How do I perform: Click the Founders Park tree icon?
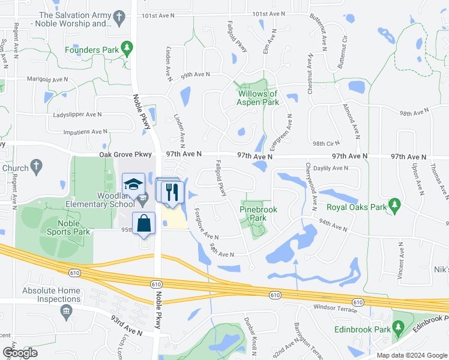[x=127, y=47]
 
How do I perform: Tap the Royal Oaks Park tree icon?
[x=394, y=206]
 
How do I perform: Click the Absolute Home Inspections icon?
[x=65, y=310]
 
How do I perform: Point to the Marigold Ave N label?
[x=47, y=79]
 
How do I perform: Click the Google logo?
[x=20, y=352]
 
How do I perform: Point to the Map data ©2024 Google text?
[x=411, y=355]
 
